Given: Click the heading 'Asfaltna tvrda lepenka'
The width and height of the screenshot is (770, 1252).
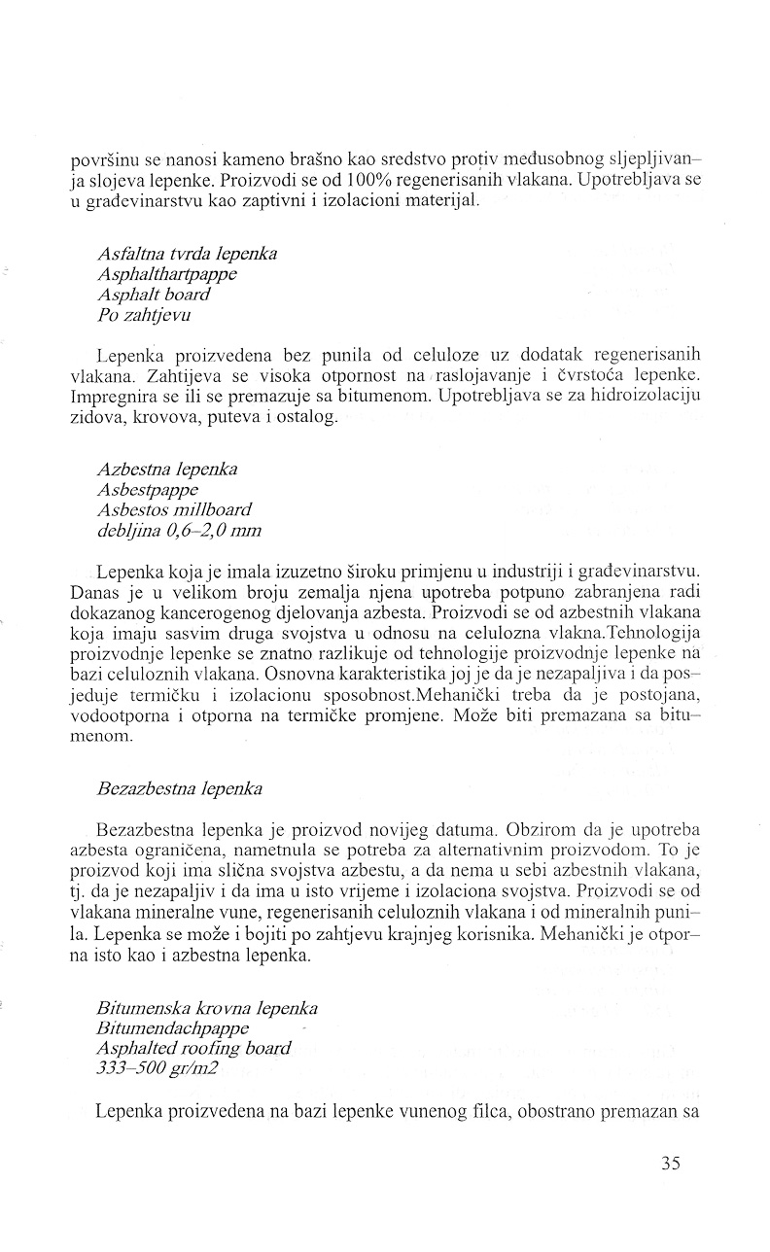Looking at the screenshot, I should tap(187, 254).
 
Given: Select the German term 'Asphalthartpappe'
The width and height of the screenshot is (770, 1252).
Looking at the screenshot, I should tap(167, 273).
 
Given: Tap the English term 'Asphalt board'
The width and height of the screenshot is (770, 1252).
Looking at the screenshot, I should tap(154, 293).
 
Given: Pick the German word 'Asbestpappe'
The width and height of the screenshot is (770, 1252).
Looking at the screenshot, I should tap(148, 490).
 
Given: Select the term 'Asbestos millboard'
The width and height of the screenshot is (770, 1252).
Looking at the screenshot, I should tap(174, 509).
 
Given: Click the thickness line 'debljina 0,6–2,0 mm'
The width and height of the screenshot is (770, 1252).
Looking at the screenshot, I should tap(179, 530).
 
